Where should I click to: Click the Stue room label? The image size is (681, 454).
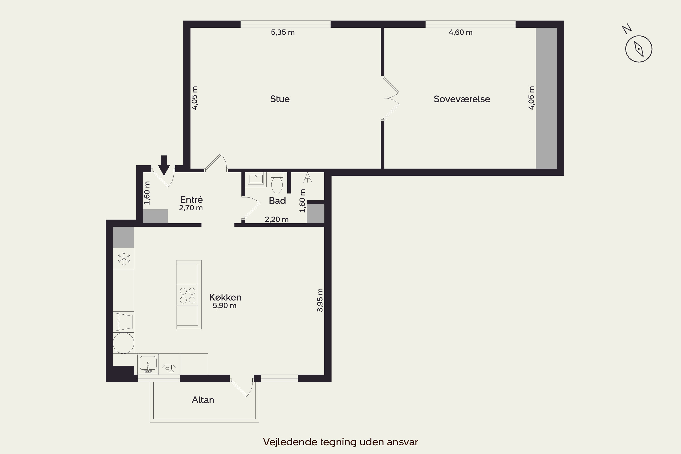[x=280, y=99]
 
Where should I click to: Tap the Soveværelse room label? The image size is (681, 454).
[x=462, y=99]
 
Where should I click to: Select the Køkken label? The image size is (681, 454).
[x=225, y=297]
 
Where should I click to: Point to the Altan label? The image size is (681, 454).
[x=203, y=400]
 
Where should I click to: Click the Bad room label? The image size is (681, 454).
[x=277, y=201]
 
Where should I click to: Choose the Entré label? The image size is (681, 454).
[x=191, y=200]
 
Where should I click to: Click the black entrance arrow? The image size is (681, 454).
[x=164, y=165]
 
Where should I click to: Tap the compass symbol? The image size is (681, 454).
[x=638, y=49]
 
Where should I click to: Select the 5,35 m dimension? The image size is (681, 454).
[x=283, y=32]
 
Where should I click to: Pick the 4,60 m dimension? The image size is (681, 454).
[x=461, y=32]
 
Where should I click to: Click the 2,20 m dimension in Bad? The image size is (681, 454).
[x=276, y=220]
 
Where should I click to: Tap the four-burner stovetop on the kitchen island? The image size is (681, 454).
[x=188, y=295]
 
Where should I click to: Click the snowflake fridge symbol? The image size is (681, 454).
[x=124, y=259]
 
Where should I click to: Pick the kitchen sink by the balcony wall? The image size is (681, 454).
[x=148, y=364]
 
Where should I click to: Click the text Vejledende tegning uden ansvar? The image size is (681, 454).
[x=340, y=442]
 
